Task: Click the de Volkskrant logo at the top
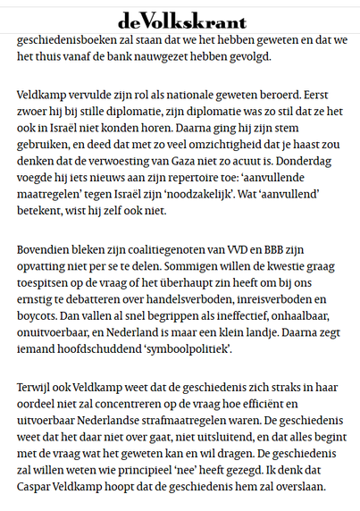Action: tap(180, 20)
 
